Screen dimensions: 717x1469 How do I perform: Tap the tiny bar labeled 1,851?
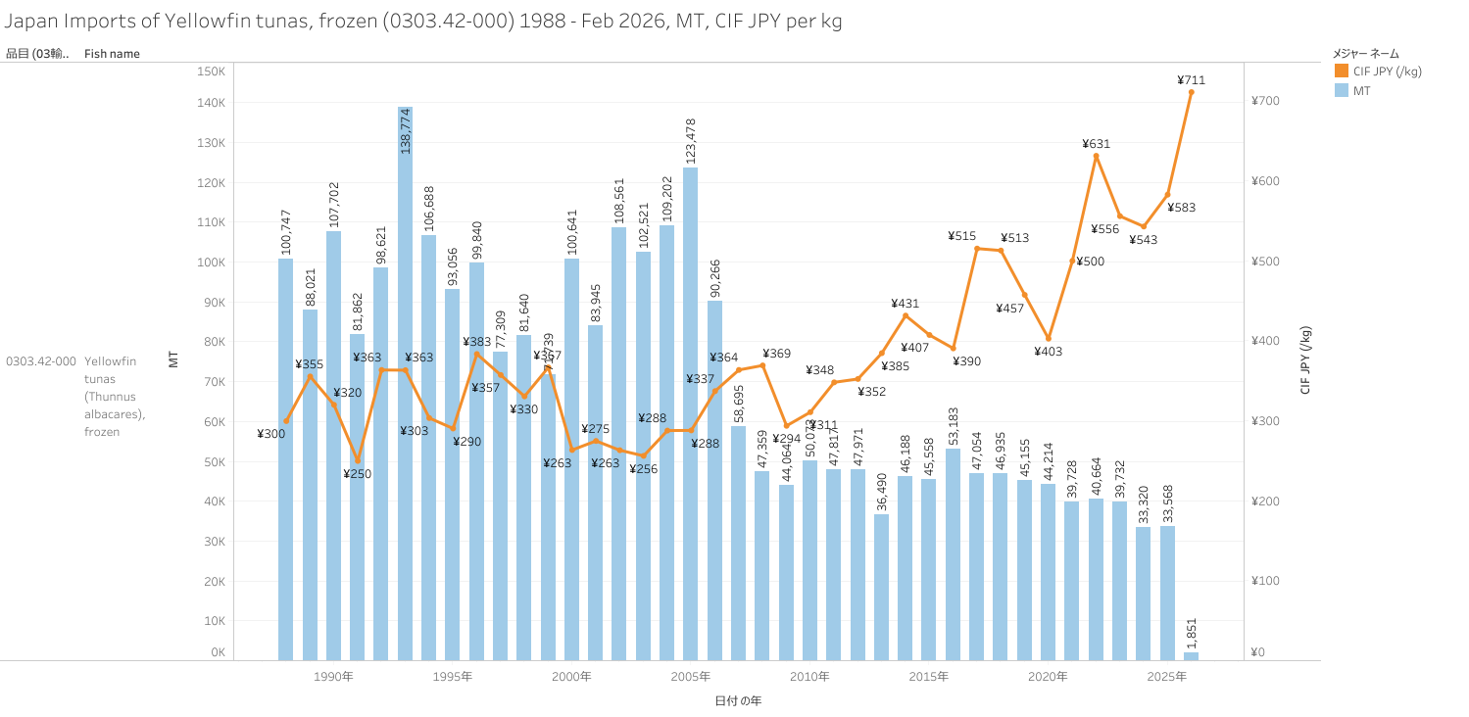pos(1191,655)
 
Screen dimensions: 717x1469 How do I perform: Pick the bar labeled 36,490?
pos(881,588)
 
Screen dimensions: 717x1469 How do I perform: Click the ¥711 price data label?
pos(1191,80)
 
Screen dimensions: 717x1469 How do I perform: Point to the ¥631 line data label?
pos(1096,144)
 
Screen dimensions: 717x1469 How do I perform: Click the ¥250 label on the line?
pos(357,474)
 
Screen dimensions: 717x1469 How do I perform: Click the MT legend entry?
pos(1362,90)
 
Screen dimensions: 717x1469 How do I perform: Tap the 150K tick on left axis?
pos(212,72)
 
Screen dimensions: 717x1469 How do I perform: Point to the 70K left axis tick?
pos(214,382)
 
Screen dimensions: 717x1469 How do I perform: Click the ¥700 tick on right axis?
pos(1265,101)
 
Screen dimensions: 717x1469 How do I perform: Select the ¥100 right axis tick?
pos(1265,581)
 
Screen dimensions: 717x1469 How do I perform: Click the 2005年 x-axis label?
pos(691,677)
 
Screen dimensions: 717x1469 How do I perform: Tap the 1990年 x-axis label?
pos(334,677)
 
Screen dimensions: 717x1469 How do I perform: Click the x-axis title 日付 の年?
pos(738,700)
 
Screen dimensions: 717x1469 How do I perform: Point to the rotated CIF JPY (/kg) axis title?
pos(1305,359)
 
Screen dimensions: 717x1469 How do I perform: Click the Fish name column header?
pos(112,54)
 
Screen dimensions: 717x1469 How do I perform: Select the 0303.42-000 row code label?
pos(41,361)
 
